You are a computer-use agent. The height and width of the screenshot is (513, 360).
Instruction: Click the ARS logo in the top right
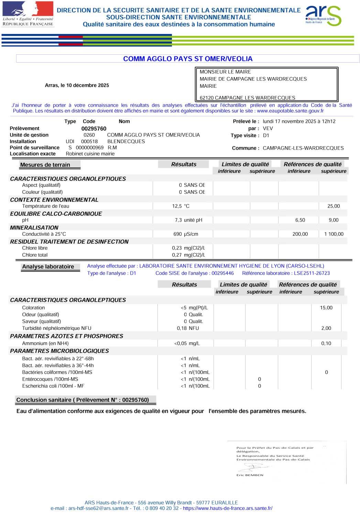[323, 15]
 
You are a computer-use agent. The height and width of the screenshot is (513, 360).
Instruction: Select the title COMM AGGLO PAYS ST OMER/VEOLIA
[188, 59]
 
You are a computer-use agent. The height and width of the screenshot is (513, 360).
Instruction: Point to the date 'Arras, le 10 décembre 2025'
[77, 85]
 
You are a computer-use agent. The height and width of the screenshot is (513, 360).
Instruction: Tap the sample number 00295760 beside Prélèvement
[94, 129]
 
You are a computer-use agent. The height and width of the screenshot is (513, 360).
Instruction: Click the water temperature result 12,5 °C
[181, 206]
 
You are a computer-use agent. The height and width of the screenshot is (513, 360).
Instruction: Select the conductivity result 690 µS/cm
[186, 234]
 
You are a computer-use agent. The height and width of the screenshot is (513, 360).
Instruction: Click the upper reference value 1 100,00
[334, 234]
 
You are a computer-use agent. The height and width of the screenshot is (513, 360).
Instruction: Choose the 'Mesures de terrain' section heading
[45, 165]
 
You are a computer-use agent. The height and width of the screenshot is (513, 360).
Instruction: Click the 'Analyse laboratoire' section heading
[48, 267]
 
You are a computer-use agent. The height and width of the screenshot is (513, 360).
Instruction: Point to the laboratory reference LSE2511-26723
[312, 273]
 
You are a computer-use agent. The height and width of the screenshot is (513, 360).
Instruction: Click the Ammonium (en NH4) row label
[45, 343]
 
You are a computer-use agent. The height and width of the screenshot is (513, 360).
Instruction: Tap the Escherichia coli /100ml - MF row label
[53, 386]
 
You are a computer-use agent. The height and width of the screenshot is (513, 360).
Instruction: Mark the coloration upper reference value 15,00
[326, 308]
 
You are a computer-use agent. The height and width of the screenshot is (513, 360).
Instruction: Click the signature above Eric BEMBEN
[253, 467]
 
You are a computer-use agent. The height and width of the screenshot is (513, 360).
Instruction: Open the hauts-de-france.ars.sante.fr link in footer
[228, 508]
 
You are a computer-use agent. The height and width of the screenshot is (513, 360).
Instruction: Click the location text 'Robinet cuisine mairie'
[90, 154]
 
